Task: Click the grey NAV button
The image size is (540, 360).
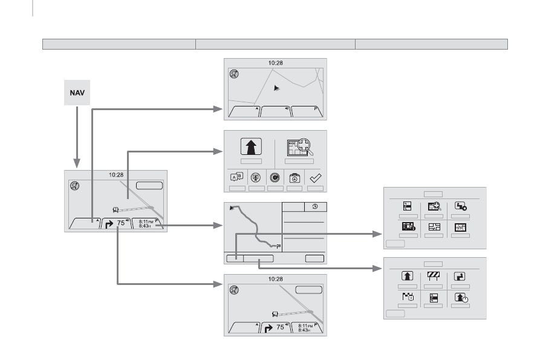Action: coord(77,93)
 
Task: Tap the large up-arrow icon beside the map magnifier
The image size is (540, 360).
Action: coord(251,146)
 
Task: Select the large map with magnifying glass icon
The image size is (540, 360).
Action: coord(299,147)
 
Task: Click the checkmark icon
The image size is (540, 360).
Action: coord(316,178)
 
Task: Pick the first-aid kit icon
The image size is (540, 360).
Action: coord(294,178)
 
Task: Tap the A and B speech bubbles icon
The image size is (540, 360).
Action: coord(237,177)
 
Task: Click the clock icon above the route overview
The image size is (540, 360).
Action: coord(315,206)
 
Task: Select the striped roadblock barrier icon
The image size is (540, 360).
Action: coord(434,276)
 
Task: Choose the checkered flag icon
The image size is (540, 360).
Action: coord(408,296)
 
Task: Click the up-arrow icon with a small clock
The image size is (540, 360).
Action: coord(461,297)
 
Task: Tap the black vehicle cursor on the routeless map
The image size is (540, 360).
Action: coord(276,88)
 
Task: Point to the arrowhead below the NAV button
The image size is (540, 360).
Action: coord(77,163)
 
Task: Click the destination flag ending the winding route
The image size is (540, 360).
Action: coord(278,246)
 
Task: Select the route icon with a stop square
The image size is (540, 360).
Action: coord(460,206)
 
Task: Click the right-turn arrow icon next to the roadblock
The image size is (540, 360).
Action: coord(460,277)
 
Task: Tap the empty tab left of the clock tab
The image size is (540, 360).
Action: coord(293,207)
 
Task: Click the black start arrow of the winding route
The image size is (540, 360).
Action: coord(232,208)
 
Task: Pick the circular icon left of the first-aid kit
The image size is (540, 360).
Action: coord(275,177)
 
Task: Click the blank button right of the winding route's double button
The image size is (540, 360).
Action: coord(315,258)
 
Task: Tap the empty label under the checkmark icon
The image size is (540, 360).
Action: coord(316,188)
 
